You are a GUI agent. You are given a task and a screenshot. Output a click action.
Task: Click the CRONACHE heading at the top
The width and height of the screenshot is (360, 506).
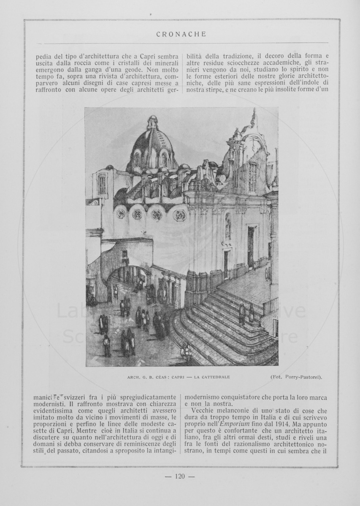(x=181, y=35)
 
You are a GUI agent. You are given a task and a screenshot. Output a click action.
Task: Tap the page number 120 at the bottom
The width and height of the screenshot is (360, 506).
(x=180, y=476)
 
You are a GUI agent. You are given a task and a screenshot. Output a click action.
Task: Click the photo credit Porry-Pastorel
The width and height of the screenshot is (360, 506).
(x=296, y=377)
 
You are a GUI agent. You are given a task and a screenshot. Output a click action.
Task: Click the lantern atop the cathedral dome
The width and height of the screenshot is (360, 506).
(x=152, y=123)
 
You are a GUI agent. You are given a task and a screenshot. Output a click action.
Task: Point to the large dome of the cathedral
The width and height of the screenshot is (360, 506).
(x=152, y=150)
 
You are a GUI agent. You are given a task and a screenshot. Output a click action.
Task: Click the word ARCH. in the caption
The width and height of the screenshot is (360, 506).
(x=134, y=377)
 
